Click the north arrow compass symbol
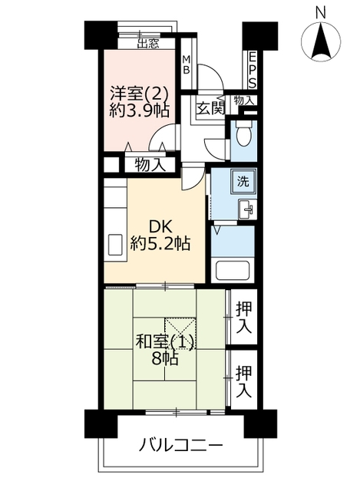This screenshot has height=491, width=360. (x=321, y=41)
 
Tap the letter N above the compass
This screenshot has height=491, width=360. (x=321, y=13)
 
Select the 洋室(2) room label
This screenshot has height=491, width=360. (x=140, y=93)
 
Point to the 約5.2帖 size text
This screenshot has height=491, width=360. (x=160, y=242)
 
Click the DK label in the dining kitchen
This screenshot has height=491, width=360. (x=160, y=226)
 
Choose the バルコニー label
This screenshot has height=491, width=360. (x=181, y=445)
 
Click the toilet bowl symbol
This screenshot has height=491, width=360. (x=244, y=135)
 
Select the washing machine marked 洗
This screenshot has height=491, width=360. (x=243, y=182)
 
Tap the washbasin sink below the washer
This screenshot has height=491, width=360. (x=247, y=209)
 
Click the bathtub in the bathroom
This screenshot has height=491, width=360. (x=232, y=270)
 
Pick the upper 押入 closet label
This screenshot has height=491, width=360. (x=244, y=317)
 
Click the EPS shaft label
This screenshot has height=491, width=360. (x=253, y=71)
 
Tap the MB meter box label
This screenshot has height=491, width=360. (x=187, y=65)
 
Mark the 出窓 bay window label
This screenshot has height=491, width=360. (x=148, y=43)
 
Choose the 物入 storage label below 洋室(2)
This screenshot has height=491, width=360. (x=150, y=165)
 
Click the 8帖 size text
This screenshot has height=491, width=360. (x=165, y=358)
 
